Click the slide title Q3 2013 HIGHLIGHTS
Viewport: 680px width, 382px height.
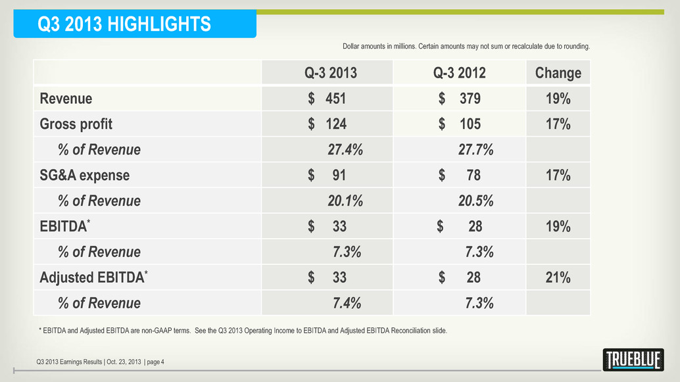[125, 24]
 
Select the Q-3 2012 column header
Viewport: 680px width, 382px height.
[459, 73]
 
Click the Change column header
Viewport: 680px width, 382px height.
[558, 73]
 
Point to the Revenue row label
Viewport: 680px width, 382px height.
[66, 99]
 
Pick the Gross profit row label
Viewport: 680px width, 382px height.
[76, 124]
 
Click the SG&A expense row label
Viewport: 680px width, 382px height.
[84, 176]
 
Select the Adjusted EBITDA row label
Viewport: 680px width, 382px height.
[93, 277]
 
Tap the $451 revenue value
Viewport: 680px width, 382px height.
[328, 99]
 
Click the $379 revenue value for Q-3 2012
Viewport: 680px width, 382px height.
[459, 99]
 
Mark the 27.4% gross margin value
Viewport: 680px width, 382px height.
[345, 150]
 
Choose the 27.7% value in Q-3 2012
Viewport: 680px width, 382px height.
[475, 150]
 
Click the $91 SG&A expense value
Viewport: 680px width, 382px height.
[328, 176]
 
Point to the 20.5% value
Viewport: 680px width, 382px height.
[475, 201]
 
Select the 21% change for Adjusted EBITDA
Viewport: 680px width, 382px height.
[558, 278]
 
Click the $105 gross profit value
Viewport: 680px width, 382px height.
[459, 124]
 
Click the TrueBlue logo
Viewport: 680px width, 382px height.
[633, 360]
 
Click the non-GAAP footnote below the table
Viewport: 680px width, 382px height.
[243, 331]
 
